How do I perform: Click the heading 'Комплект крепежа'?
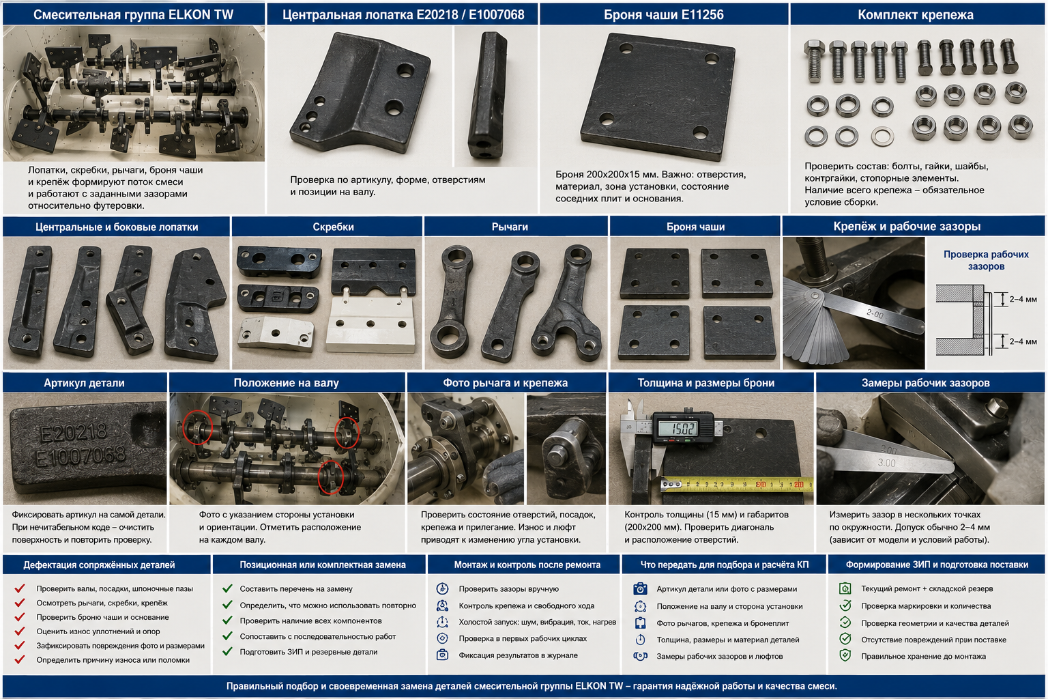point(916,14)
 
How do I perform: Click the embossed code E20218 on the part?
point(74,433)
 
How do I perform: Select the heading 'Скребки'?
point(333,227)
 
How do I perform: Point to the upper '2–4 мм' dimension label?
point(1023,299)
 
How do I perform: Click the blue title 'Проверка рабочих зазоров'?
point(986,260)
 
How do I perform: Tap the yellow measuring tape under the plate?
point(737,485)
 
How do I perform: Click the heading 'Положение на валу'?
point(286,383)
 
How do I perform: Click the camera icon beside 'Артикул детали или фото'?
point(640,588)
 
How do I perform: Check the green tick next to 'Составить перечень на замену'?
point(227,588)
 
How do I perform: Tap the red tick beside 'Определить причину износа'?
point(20,659)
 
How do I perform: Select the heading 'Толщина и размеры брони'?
point(705,383)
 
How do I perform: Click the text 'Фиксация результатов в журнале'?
point(518,655)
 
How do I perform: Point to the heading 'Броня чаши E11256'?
point(663,15)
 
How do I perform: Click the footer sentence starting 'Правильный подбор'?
point(532,686)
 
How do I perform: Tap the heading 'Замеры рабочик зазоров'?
point(925,383)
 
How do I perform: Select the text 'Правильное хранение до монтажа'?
point(923,657)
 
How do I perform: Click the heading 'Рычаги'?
point(510,227)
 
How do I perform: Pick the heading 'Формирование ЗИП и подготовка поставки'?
point(937,565)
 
